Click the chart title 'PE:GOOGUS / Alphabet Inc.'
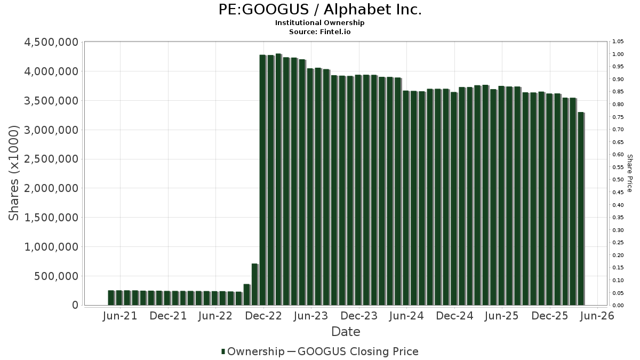coord(320,10)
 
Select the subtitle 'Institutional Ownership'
coord(319,23)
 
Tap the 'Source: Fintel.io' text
coord(319,31)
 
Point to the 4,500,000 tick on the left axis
coord(51,42)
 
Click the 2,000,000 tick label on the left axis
coord(51,188)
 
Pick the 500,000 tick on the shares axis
coord(56,276)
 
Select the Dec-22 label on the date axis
coord(263,316)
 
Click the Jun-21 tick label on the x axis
coord(120,316)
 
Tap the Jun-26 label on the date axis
coord(597,316)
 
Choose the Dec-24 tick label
coord(454,316)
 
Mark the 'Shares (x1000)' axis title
coord(13,173)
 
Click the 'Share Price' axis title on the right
coord(629,173)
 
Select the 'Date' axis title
coord(346,332)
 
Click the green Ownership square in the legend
coord(223,351)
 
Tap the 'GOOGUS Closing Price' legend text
coord(358,351)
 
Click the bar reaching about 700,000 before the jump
coord(255,285)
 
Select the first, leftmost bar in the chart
coord(111,298)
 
